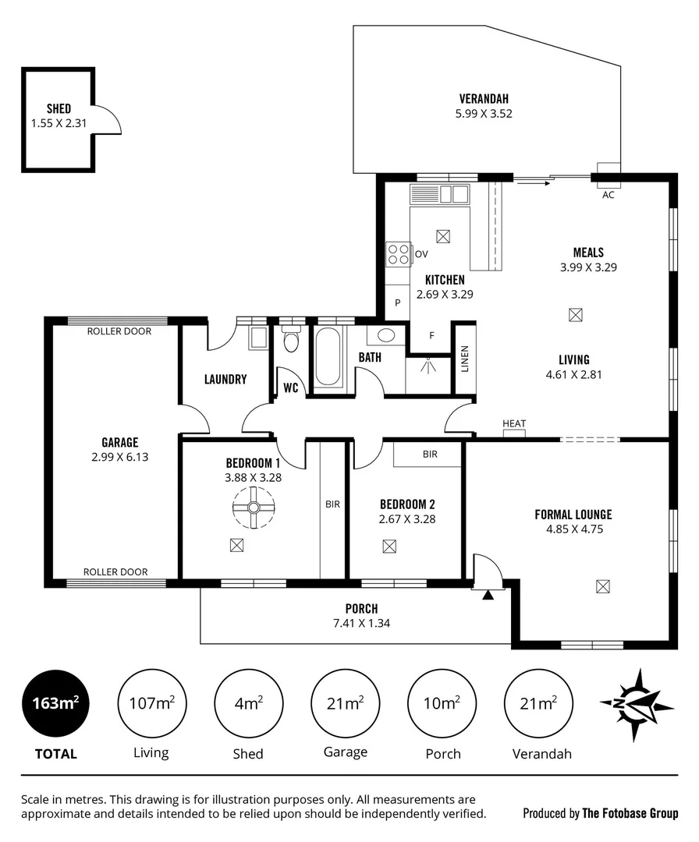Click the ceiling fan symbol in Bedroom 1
click(254, 508)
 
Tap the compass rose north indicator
click(637, 704)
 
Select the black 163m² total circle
click(55, 703)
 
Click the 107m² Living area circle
click(151, 703)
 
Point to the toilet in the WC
click(292, 341)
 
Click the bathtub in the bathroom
click(328, 356)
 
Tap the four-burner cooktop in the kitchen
click(399, 254)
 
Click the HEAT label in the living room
click(514, 424)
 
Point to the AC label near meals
click(609, 195)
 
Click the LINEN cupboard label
click(465, 359)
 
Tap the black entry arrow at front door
click(488, 596)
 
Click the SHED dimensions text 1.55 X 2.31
click(59, 123)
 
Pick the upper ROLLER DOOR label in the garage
click(119, 331)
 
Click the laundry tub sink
click(257, 338)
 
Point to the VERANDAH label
click(484, 99)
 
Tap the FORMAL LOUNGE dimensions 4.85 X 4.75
click(573, 529)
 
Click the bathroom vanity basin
click(385, 336)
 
